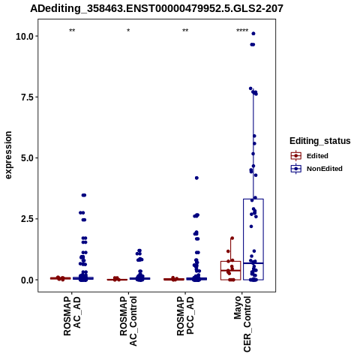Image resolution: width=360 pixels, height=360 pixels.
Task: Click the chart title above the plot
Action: coord(157,9)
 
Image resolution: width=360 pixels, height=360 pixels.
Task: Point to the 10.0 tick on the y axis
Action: coord(25,37)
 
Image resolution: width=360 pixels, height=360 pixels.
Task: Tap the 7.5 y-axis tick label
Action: coord(27,97)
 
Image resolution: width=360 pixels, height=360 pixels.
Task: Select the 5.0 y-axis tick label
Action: coord(27,158)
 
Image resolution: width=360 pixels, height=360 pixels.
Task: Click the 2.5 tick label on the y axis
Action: coord(27,219)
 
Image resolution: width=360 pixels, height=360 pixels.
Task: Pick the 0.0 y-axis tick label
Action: coord(27,280)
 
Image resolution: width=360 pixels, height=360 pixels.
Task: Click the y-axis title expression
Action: coord(8,155)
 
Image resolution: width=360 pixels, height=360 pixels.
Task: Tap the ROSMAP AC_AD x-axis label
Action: coord(72,316)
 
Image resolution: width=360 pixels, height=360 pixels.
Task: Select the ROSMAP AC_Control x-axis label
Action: coord(128,321)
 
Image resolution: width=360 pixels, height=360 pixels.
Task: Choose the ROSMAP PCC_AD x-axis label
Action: coord(185,316)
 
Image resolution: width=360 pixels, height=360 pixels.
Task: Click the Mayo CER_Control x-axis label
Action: coord(242,324)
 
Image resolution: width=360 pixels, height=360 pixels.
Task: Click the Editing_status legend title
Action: coord(320,141)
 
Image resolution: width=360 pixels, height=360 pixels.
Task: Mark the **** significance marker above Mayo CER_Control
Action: coord(242,31)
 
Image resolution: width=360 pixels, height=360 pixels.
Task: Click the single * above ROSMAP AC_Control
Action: coord(128,31)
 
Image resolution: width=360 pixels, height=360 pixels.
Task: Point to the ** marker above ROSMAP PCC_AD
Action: coord(185,31)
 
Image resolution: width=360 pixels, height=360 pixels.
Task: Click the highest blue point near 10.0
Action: coord(253,34)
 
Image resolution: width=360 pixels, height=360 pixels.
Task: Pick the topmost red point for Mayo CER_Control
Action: coord(232,238)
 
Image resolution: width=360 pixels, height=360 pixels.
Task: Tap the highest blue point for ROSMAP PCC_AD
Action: coord(196,178)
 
